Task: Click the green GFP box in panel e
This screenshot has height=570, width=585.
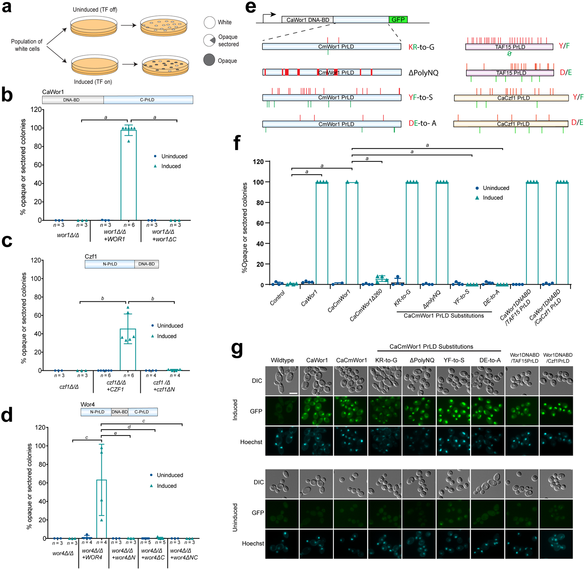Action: tap(398, 19)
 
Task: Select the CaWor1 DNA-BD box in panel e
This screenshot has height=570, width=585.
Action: tap(307, 19)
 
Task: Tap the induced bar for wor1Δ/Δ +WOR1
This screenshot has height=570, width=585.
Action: tap(128, 175)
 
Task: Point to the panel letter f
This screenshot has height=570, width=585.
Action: tap(237, 143)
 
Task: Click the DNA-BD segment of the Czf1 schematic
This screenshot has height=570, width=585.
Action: tap(146, 264)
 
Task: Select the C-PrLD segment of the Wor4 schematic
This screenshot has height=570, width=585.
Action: tap(142, 412)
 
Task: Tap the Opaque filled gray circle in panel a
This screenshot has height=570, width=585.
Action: tap(209, 60)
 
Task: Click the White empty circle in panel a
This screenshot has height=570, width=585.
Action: tap(209, 22)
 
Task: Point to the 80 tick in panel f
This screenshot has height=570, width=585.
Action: tap(260, 203)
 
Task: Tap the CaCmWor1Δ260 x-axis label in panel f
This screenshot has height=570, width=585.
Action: tap(366, 305)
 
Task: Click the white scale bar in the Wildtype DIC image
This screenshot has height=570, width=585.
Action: tap(293, 393)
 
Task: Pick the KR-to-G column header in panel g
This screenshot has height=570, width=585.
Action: tap(386, 360)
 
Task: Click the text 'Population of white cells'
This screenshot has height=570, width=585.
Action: tap(27, 45)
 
